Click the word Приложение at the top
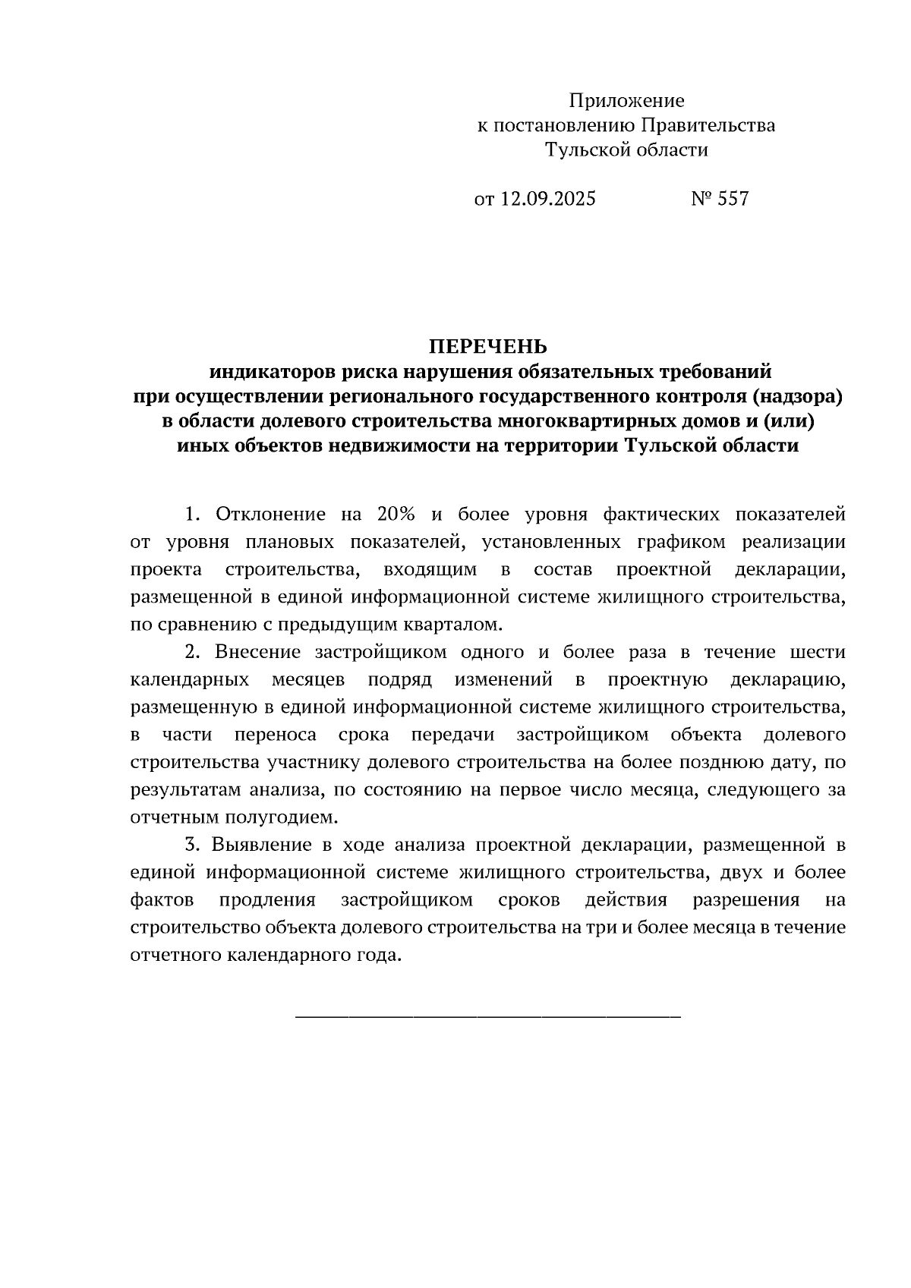pyautogui.click(x=626, y=101)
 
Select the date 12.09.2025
pyautogui.click(x=548, y=199)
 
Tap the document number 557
pyautogui.click(x=733, y=199)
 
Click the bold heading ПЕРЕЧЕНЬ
pyautogui.click(x=487, y=347)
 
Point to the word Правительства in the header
pyautogui.click(x=708, y=125)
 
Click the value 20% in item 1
pyautogui.click(x=396, y=515)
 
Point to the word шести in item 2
pyautogui.click(x=818, y=652)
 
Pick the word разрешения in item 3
pyautogui.click(x=746, y=900)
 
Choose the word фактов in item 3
pyautogui.click(x=162, y=900)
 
